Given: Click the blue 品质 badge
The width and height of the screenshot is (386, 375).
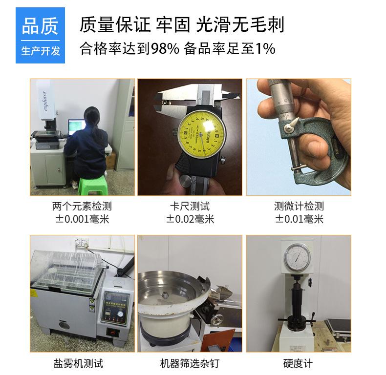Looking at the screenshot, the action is coord(40,36).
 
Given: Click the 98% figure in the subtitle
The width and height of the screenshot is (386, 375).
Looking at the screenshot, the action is coord(165,48).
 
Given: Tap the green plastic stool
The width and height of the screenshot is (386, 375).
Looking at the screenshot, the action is coord(90,187).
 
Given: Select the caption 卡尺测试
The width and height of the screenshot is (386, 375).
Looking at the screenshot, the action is coord(190,206).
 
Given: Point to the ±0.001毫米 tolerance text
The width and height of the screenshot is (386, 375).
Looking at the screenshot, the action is coord(82,219).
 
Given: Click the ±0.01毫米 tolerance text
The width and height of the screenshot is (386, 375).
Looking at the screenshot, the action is coord(299,219).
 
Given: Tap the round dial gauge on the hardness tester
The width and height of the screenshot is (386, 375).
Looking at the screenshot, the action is coord(297,257).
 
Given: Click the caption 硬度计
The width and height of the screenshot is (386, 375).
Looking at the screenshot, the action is coord(298,363).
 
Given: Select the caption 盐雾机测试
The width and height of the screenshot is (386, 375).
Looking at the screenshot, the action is coord(78,363).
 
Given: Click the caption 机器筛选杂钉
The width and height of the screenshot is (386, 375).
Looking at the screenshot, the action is coord(190,363).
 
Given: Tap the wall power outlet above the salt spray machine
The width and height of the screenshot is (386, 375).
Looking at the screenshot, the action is coord(81,242).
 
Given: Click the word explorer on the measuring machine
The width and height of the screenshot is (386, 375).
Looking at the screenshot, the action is coord(45,101).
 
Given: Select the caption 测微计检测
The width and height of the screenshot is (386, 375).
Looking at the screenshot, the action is coord(299,206).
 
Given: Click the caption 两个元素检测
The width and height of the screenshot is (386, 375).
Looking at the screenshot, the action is coord(82,206).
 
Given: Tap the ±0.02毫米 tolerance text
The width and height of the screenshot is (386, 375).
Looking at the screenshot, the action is coord(190,219).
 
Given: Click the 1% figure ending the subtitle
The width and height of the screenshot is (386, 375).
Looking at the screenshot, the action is coord(265,48).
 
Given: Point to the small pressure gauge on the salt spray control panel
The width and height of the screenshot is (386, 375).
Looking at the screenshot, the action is coord(120,314).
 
